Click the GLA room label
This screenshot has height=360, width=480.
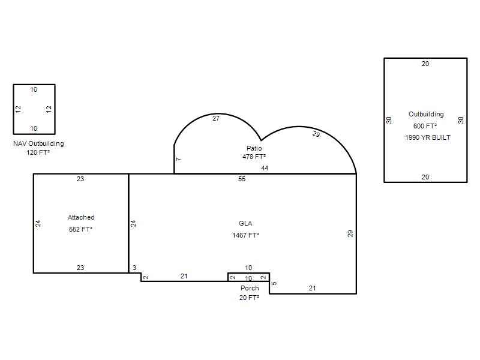tap(245, 223)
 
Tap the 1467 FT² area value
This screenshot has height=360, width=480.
tap(246, 235)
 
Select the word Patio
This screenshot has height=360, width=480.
tap(254, 148)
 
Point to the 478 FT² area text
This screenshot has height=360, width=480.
tap(254, 157)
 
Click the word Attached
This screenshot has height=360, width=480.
tap(81, 217)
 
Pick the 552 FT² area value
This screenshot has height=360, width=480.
tap(81, 229)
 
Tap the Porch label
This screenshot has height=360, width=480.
tap(250, 288)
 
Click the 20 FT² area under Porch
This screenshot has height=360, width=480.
tap(250, 298)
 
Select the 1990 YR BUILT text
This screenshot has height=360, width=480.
tap(428, 137)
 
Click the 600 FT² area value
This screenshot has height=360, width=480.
tap(425, 126)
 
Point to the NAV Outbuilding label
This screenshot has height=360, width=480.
tap(38, 143)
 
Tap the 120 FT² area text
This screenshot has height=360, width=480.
tap(38, 152)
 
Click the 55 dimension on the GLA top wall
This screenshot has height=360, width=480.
tap(242, 179)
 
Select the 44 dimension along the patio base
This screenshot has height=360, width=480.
tap(265, 168)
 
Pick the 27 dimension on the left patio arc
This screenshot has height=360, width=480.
tap(216, 118)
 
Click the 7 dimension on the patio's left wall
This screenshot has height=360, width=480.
tap(179, 159)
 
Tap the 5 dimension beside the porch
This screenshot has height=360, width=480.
tap(274, 283)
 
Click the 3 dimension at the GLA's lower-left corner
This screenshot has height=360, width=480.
tap(134, 268)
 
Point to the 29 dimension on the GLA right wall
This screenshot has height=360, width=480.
tap(350, 233)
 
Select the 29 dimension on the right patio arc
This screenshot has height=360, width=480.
tap(316, 134)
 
